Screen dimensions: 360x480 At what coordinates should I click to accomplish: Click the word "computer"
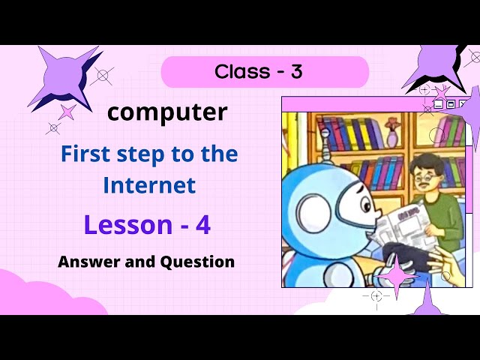[166, 112]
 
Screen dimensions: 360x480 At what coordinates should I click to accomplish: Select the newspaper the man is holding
[399, 225]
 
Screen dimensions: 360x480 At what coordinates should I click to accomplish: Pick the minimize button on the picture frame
[439, 104]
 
